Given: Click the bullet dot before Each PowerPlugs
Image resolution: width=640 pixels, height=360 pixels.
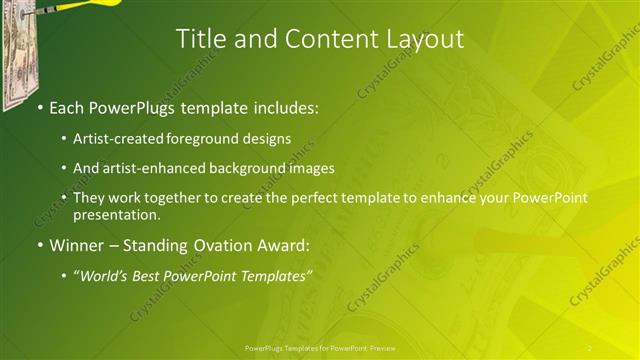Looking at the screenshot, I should coord(39,105).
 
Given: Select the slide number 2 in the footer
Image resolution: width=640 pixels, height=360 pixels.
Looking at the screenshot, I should coord(589,347).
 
